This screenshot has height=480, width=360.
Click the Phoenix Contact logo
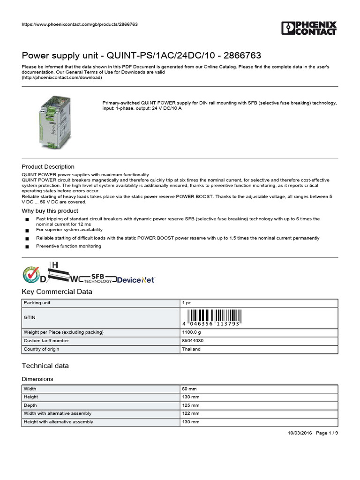point(309,28)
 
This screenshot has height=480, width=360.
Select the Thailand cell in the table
point(191,349)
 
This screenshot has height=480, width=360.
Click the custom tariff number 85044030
point(193,341)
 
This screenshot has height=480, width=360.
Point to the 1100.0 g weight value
point(192,332)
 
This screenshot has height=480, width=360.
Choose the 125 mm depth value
point(191,405)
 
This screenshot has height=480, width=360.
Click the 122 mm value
point(191,413)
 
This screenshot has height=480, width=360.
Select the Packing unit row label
point(37,303)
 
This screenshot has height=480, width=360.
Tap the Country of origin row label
point(41,349)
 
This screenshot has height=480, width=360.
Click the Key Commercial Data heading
point(57,292)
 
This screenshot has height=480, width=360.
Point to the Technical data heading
point(45,366)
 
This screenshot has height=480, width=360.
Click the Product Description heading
point(48,166)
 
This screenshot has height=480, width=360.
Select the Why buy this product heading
point(50,211)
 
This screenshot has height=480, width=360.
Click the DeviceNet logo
point(135,279)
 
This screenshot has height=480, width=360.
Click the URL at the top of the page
point(80,24)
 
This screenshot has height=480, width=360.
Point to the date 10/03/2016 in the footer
point(300,433)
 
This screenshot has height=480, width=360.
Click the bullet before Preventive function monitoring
point(27,247)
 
